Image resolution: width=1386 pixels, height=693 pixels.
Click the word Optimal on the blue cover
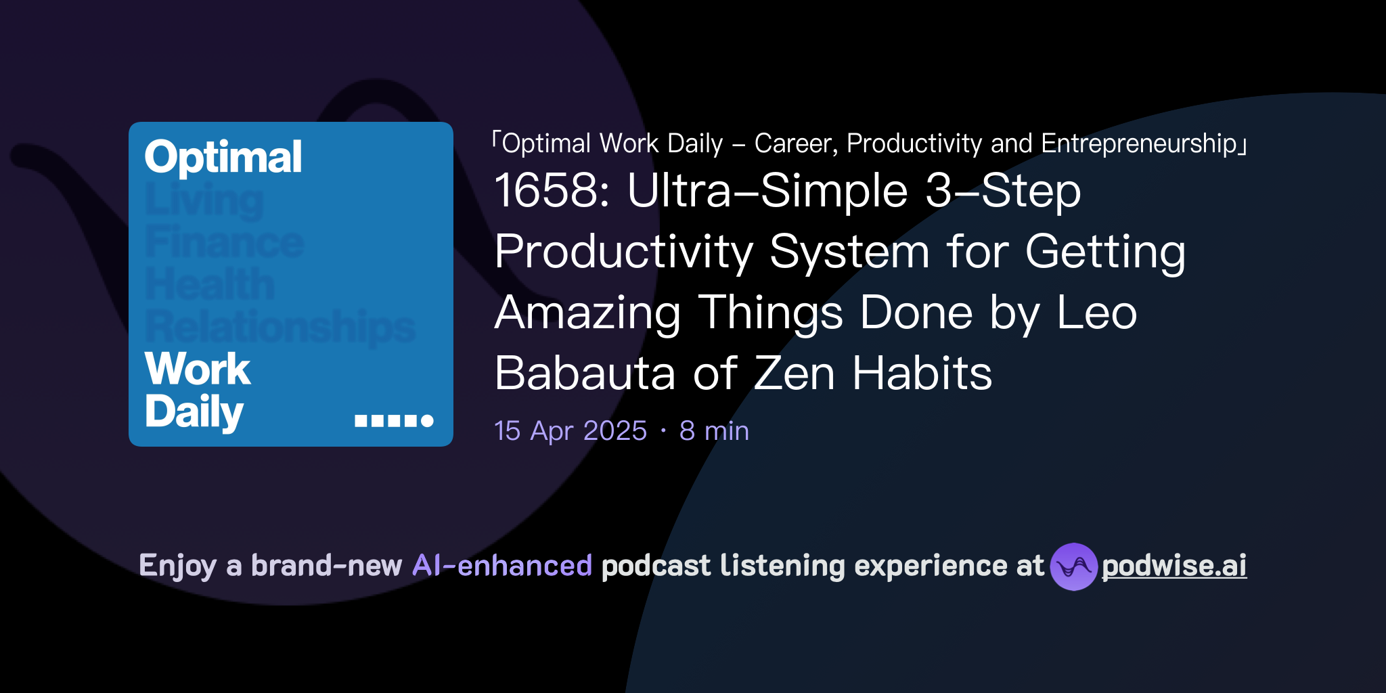223,158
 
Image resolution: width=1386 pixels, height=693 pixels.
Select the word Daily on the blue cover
194,411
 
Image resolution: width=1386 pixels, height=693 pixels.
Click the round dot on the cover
427,421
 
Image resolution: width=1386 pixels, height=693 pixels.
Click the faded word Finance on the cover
224,242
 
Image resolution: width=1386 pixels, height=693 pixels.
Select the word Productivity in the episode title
623,252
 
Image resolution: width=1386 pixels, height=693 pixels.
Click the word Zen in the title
794,374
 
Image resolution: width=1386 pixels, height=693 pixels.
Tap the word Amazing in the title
587,313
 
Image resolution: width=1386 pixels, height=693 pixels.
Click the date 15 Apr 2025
571,431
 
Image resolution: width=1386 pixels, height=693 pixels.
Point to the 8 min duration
714,431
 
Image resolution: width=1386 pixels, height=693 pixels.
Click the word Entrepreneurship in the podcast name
1139,144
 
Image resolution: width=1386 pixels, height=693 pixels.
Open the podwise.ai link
1173,566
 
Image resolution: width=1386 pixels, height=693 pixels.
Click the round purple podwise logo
1073,566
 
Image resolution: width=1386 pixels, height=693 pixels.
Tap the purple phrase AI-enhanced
502,566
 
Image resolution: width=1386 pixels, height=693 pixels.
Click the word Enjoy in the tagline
177,566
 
